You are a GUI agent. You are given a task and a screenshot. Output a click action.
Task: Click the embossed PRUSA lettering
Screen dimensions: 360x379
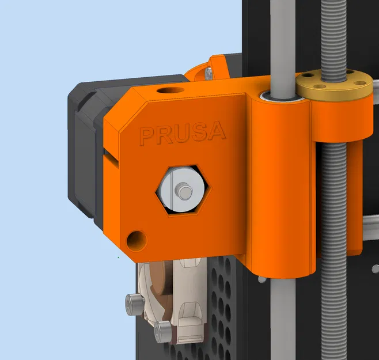point(182,132)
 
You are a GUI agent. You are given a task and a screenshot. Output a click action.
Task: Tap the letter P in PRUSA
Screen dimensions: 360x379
point(147,136)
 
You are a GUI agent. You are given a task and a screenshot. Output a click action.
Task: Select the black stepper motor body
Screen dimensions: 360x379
point(86,150)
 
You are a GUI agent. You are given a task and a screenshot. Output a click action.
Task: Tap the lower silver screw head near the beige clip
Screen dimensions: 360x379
point(164,330)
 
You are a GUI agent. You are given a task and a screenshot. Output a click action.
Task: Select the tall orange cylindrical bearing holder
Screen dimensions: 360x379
point(282,184)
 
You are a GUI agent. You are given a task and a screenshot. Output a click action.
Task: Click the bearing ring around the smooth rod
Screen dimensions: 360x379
point(282,96)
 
